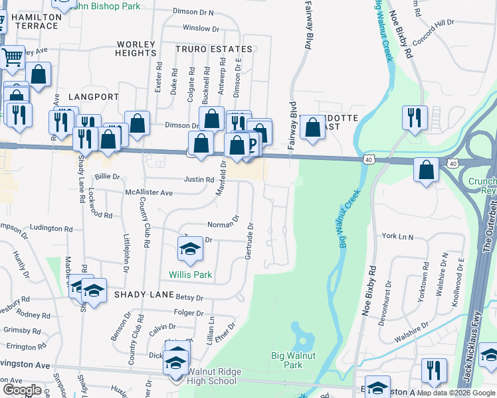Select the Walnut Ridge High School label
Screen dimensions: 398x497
point(212,376)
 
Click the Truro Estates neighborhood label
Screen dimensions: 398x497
point(214,49)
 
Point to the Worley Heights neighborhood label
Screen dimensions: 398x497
point(136,49)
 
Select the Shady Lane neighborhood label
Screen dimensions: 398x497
point(140,294)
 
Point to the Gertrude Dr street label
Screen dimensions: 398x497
point(250,241)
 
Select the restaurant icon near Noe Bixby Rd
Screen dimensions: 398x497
point(415,117)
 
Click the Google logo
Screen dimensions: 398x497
point(23,390)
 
